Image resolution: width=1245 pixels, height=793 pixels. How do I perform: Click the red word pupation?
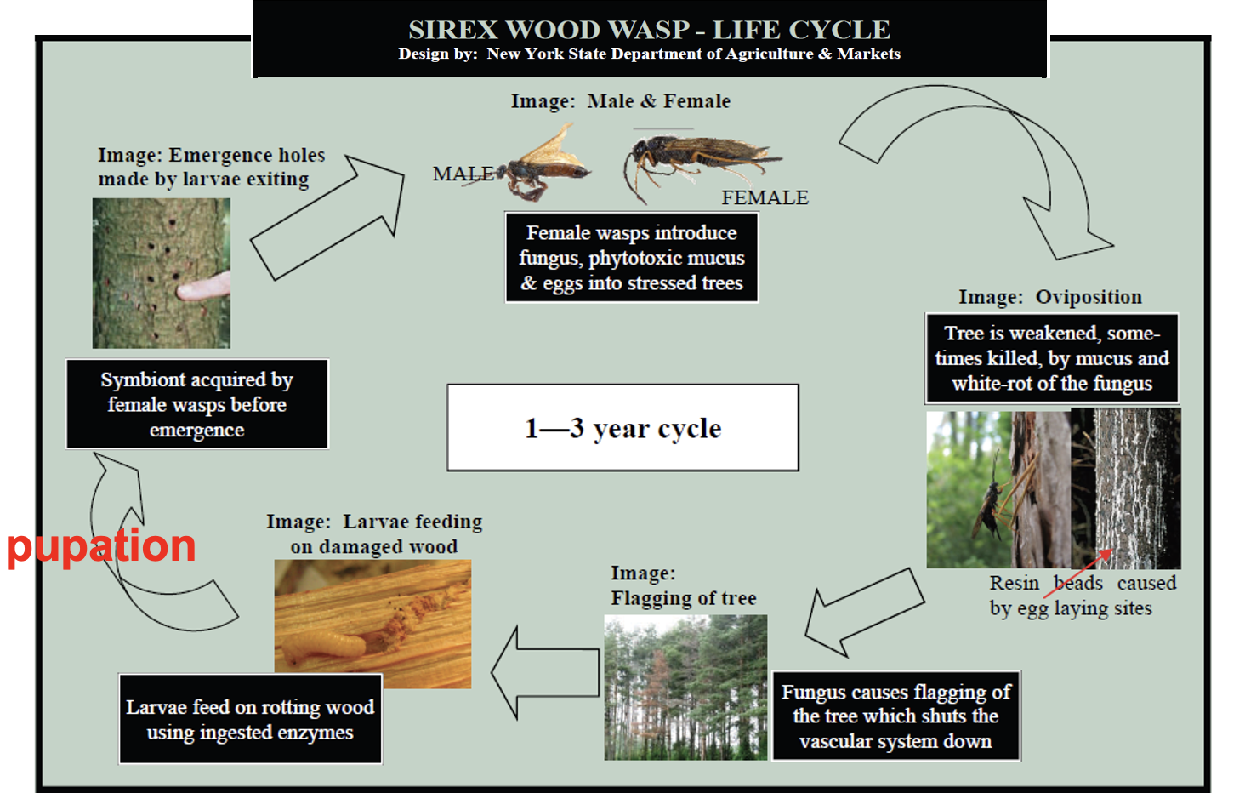(x=101, y=546)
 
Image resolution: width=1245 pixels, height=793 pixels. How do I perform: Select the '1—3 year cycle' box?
(x=622, y=428)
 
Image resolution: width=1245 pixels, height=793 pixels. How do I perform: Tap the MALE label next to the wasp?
(x=462, y=174)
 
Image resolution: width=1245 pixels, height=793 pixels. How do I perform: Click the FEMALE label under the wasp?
(x=765, y=197)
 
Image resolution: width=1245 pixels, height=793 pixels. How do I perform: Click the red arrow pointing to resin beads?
(x=1078, y=574)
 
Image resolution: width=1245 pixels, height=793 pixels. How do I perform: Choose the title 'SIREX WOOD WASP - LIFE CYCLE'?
(x=649, y=30)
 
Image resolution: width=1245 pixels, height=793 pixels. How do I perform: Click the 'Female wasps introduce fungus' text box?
(x=631, y=258)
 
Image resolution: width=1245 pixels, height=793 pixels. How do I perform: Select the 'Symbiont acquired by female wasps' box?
(x=196, y=404)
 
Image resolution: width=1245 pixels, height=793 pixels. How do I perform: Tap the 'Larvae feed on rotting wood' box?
(x=250, y=720)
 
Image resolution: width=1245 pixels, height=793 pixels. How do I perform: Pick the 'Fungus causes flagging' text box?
(x=895, y=716)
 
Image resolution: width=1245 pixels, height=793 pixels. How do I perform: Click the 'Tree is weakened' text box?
(x=1052, y=358)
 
